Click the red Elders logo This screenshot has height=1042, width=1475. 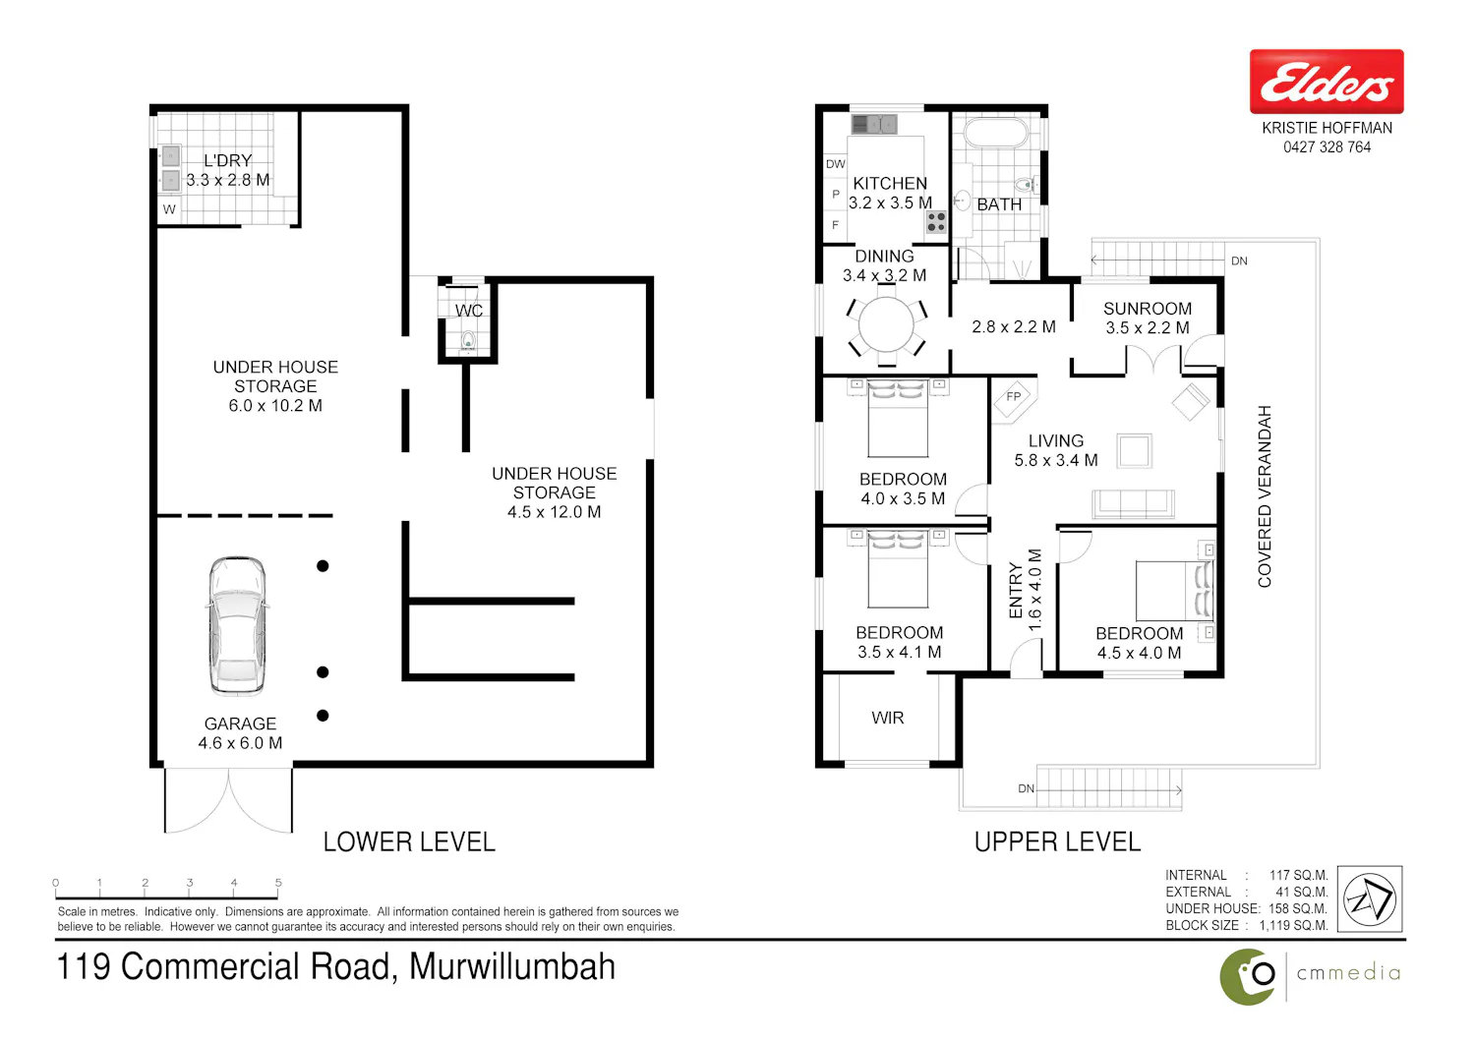1327,81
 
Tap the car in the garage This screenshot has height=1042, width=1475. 238,626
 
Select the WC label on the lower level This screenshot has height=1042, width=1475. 469,311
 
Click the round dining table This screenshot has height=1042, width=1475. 886,325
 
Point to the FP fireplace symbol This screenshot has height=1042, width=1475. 1014,397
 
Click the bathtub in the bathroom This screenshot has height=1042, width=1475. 995,132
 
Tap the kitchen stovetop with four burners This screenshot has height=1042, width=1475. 936,222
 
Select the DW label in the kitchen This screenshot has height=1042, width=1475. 836,164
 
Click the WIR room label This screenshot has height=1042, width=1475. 888,718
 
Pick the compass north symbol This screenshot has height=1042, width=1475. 1370,898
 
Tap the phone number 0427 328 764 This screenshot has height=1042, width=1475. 1327,147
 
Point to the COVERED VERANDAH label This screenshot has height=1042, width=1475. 1265,496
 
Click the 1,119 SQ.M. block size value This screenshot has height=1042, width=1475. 1293,925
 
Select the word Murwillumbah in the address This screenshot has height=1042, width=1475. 511,967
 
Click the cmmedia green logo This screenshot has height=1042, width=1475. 1247,977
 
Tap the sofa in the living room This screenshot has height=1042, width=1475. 1133,504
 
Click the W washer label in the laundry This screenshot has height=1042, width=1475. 169,209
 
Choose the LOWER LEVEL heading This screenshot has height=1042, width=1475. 409,841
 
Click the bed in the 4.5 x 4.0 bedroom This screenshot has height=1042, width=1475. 1175,591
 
